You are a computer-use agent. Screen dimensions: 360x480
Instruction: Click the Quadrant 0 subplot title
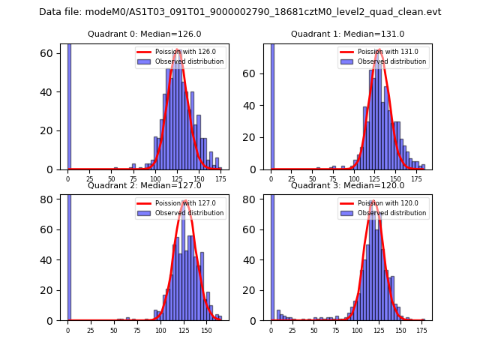click(x=145, y=34)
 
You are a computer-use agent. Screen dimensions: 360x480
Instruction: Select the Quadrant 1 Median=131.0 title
click(x=347, y=34)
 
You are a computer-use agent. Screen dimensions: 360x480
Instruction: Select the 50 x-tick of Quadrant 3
click(x=314, y=330)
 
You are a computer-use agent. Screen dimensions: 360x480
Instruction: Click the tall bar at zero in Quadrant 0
click(x=68, y=105)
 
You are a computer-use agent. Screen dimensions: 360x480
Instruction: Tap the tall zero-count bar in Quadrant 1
click(x=271, y=105)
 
